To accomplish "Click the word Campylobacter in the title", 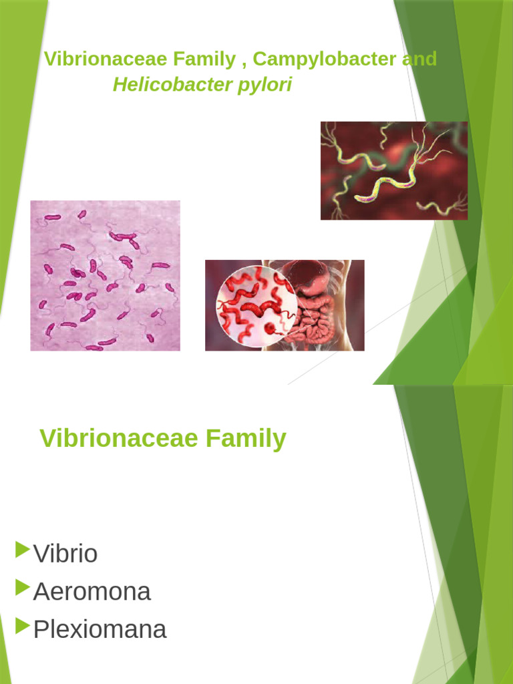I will pos(325,59).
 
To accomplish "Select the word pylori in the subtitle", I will pos(270,85).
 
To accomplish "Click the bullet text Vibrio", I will pos(65,554).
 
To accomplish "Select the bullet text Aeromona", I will pos(92,592).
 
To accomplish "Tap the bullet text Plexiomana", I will pos(100,629).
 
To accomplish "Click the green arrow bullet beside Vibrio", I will pos(22,550).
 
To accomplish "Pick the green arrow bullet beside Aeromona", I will pos(22,588).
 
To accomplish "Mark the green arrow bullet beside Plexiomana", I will pos(22,626).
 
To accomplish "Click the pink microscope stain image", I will pos(105,275).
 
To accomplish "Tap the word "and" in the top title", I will pos(419,59).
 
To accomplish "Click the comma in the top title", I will pos(244,63).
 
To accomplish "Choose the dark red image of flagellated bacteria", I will pos(394,170).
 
